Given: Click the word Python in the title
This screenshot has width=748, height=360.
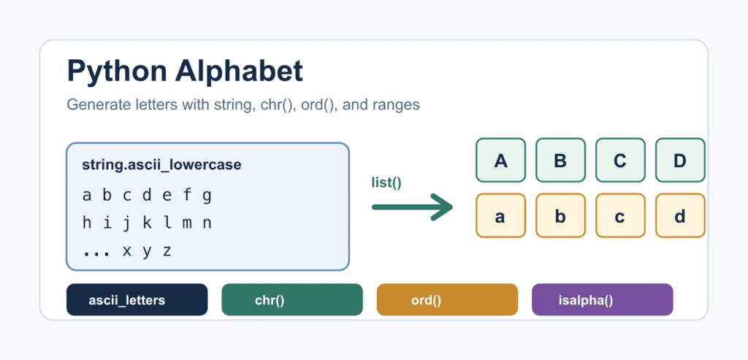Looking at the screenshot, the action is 117,72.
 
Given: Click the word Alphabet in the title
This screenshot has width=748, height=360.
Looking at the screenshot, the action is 239,71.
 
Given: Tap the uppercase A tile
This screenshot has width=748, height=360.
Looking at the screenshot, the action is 500,160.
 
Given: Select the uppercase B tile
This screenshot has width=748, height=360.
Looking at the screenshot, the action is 560,160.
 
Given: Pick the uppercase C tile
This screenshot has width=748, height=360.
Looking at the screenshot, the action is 620,160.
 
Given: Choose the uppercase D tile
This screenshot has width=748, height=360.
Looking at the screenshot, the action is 680,160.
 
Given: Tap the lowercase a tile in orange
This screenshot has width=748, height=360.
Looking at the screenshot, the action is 500,215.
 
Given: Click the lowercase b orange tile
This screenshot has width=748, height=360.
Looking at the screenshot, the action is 560,215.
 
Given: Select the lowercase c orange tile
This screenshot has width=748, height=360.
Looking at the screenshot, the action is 620,215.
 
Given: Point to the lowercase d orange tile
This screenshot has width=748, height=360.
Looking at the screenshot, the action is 680,215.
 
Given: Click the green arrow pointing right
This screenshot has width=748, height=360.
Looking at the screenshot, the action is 412,207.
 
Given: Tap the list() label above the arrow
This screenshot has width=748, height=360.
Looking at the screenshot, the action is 386,183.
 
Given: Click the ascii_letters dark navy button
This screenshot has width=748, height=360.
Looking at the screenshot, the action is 137,300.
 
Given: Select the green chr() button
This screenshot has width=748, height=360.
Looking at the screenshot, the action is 292,300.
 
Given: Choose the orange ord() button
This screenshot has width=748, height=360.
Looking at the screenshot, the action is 447,300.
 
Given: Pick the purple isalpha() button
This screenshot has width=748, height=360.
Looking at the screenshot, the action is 603,300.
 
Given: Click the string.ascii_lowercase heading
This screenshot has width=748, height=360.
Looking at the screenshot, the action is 161,165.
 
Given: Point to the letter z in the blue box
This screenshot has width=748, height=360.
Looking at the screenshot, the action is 167,251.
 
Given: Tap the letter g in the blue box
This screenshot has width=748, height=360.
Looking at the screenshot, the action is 207,196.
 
